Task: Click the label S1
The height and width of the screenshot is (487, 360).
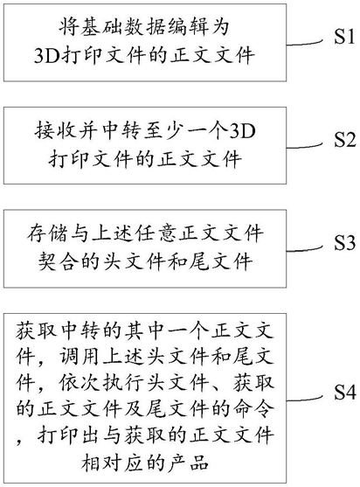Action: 344,37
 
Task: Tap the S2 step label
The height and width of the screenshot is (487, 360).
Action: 344,139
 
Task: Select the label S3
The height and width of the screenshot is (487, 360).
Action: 344,242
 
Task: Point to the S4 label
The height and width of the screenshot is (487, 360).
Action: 344,392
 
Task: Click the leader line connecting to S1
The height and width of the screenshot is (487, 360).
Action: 305,43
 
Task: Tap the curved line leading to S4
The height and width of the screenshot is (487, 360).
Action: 305,399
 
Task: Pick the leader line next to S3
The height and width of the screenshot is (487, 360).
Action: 305,248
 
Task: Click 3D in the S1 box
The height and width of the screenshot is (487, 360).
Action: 46,56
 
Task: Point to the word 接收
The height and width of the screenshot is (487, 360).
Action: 57,132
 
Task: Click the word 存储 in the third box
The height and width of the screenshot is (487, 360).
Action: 47,233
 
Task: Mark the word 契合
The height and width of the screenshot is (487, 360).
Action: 59,261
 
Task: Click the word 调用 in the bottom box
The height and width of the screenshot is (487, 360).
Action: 80,355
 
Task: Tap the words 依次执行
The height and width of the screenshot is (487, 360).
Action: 101,382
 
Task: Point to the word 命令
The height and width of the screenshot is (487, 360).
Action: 254,408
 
